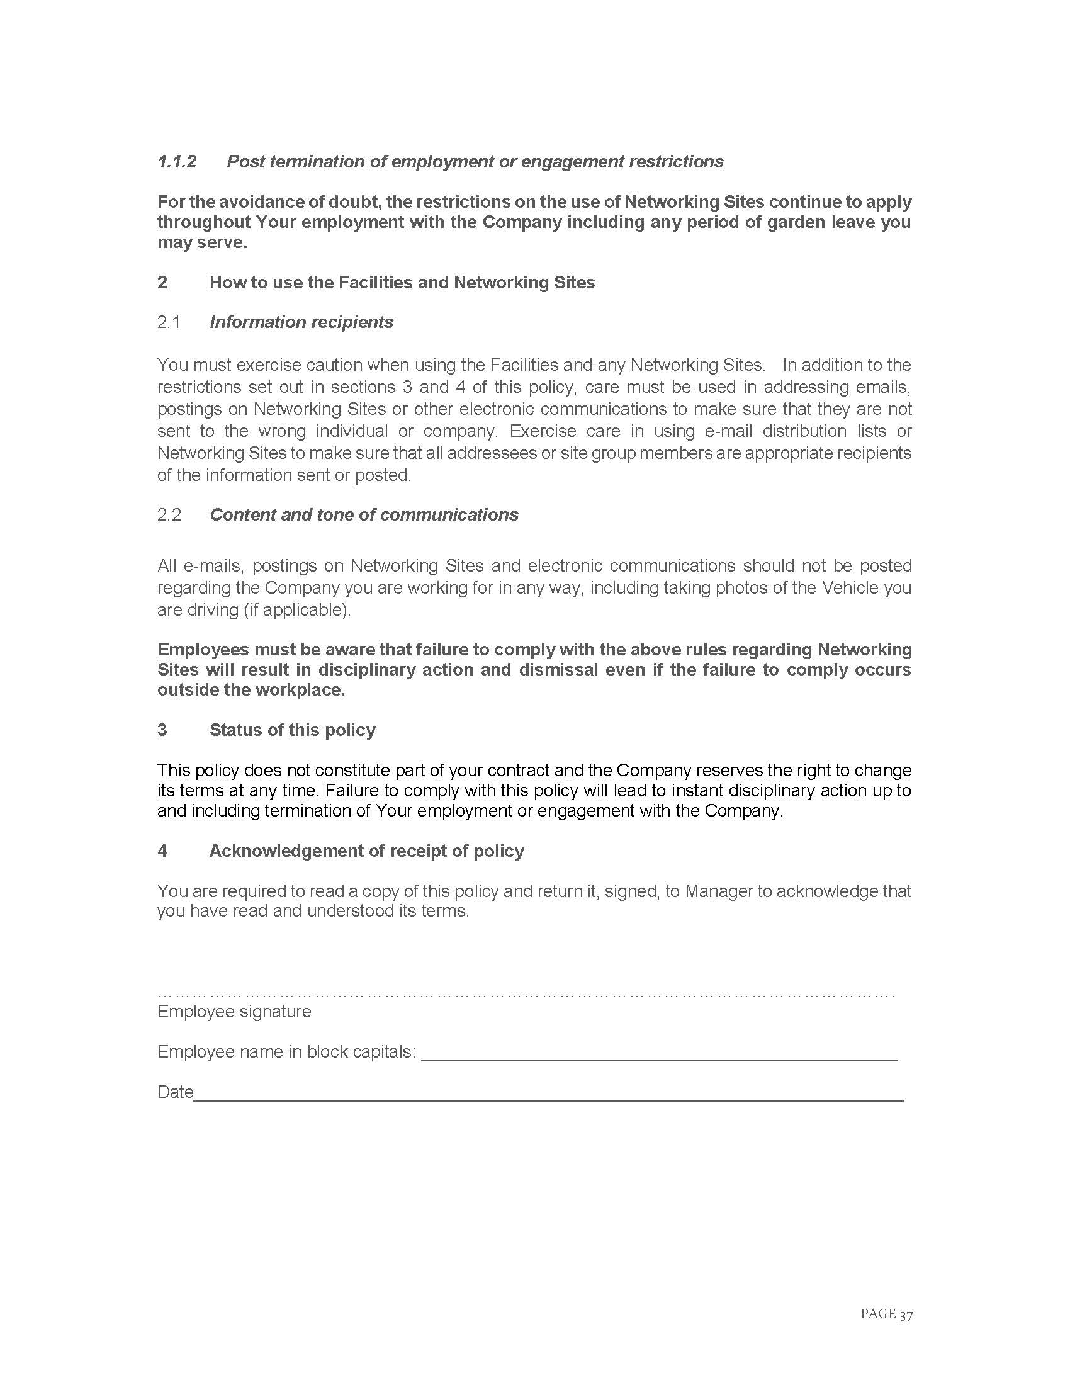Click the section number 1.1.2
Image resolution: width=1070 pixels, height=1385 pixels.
point(177,162)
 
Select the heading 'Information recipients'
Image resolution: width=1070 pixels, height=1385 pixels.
point(301,322)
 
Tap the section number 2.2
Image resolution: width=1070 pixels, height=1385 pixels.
point(169,514)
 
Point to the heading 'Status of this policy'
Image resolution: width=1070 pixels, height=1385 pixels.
point(292,730)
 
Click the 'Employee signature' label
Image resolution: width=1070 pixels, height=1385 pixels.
point(234,1011)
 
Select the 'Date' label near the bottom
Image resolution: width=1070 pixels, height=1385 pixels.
point(175,1092)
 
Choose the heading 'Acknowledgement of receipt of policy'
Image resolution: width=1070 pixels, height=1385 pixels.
point(366,851)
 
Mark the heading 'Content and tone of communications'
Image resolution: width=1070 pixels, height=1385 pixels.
point(364,514)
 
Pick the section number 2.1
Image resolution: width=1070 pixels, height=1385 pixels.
point(169,322)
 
